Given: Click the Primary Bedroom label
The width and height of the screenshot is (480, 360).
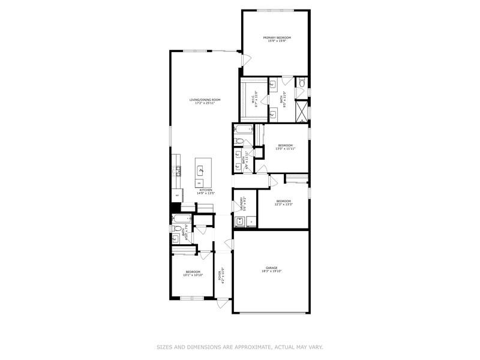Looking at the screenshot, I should (277, 37).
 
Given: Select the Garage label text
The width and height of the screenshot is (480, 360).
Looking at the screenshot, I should (272, 268).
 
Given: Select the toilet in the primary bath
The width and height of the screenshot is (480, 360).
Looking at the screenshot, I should (302, 82).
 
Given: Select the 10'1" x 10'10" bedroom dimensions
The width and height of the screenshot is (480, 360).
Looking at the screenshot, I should (193, 275).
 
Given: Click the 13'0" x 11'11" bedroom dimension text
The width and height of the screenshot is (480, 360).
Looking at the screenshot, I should (285, 148).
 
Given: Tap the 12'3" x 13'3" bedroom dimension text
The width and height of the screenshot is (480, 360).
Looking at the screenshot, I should (283, 204).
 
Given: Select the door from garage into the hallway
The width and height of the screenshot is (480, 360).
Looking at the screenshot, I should (229, 242).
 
